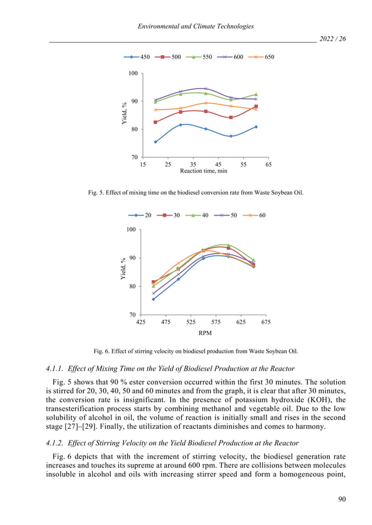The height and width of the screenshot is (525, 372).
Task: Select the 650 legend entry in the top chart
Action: pyautogui.click(x=262, y=57)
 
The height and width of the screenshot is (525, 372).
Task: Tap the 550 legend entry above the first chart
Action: pyautogui.click(x=200, y=57)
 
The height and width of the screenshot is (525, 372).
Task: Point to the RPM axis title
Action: pyautogui.click(x=203, y=333)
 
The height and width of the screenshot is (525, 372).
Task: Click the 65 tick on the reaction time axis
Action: pyautogui.click(x=268, y=164)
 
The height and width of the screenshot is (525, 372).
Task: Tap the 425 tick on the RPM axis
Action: pyautogui.click(x=141, y=322)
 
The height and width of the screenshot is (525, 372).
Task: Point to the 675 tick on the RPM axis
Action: pyautogui.click(x=266, y=322)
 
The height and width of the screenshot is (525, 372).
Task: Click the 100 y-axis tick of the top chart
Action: pyautogui.click(x=133, y=73)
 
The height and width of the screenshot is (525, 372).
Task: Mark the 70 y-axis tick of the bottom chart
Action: pyautogui.click(x=132, y=315)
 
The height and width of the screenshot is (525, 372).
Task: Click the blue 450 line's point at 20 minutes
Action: pyautogui.click(x=155, y=142)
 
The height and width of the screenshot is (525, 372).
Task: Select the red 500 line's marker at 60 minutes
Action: pyautogui.click(x=256, y=107)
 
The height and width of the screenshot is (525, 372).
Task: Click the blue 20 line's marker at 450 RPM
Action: pyautogui.click(x=153, y=299)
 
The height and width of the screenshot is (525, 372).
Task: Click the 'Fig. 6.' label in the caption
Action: pyautogui.click(x=103, y=351)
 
